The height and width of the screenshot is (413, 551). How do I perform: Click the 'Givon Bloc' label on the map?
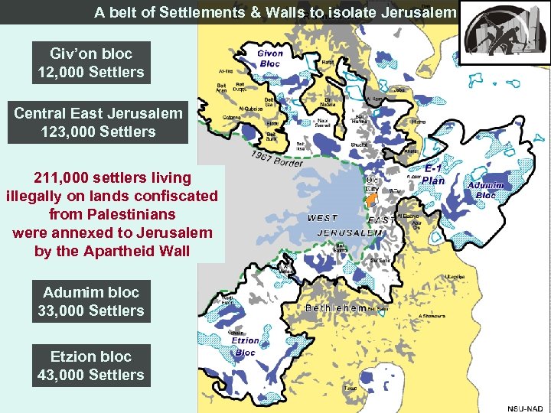click(269, 59)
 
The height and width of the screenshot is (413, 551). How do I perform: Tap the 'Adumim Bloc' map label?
click(486, 190)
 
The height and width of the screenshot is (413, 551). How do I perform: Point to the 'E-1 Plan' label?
click(433, 175)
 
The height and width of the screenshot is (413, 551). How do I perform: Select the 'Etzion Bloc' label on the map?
click(245, 346)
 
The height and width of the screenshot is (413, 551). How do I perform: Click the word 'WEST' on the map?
click(322, 218)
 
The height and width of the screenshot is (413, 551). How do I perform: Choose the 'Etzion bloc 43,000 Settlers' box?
click(90, 366)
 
